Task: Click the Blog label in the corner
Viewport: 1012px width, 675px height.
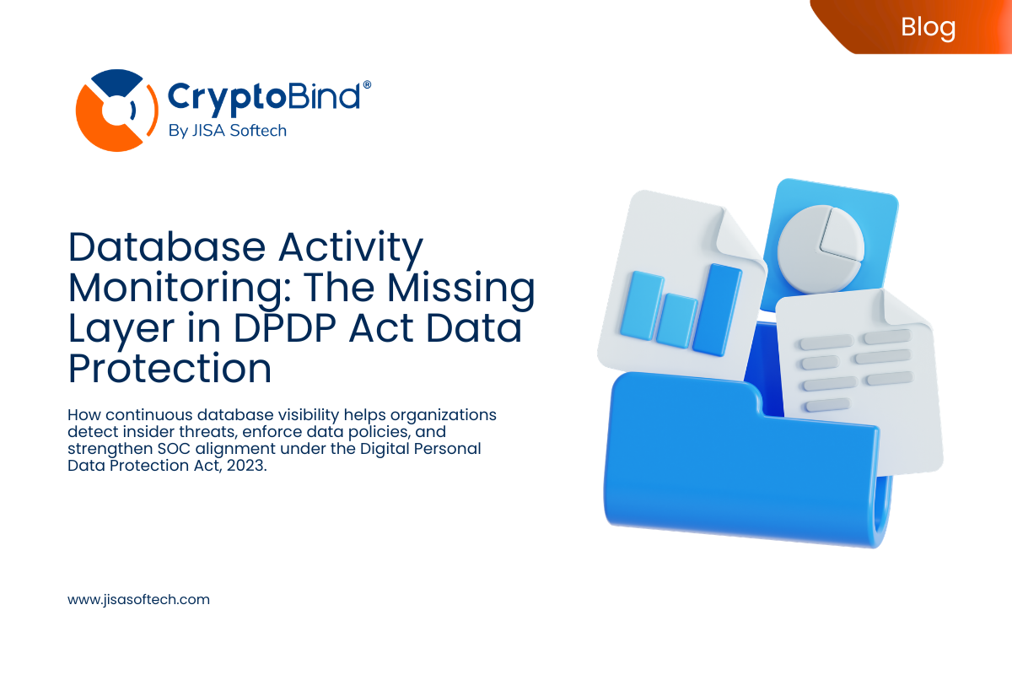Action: pyautogui.click(x=928, y=27)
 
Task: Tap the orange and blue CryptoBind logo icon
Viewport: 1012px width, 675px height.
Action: pyautogui.click(x=113, y=110)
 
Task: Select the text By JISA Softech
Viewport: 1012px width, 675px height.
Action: pyautogui.click(x=228, y=131)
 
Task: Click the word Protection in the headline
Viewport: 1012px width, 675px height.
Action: pyautogui.click(x=170, y=369)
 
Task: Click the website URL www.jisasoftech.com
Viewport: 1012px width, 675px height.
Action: pyautogui.click(x=138, y=600)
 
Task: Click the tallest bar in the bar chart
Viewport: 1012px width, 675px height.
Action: pyautogui.click(x=718, y=308)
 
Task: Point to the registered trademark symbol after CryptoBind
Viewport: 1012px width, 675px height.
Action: pyautogui.click(x=366, y=86)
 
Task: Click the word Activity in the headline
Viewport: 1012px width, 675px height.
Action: pyautogui.click(x=353, y=248)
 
